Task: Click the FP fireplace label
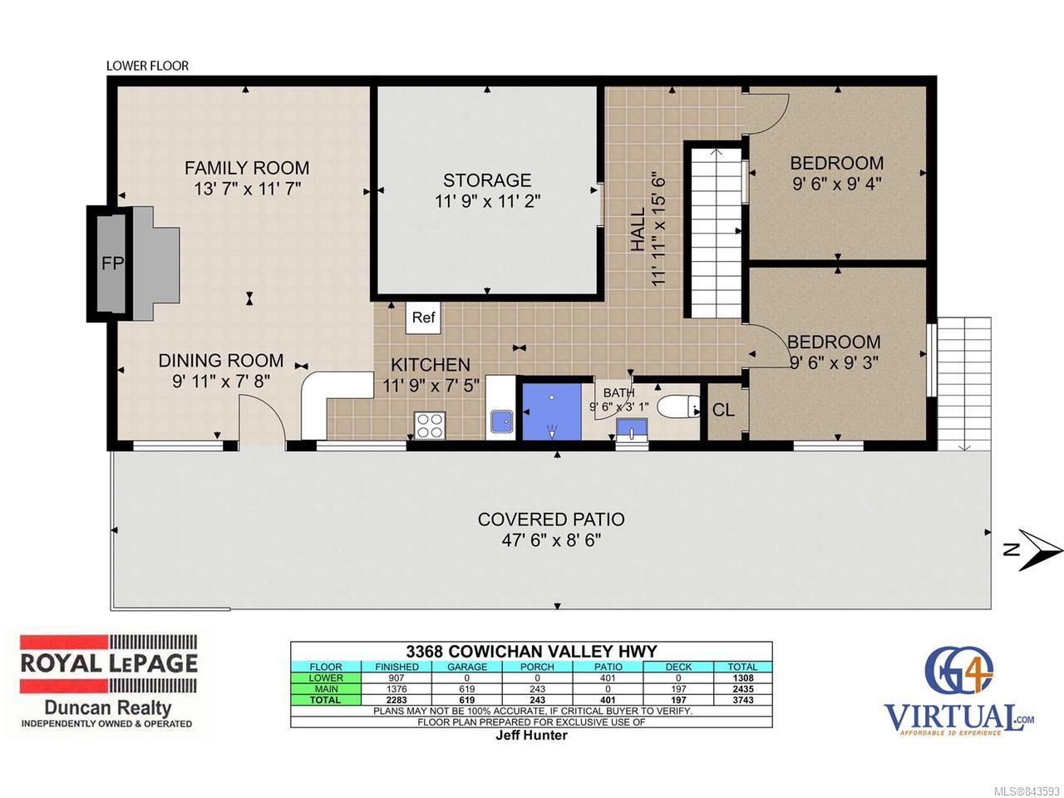click(112, 264)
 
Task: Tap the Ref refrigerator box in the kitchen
click(423, 318)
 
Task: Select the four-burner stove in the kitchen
click(430, 426)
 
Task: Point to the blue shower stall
click(552, 411)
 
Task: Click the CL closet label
click(723, 411)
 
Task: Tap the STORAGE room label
click(487, 180)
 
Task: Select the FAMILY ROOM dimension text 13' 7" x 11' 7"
click(247, 189)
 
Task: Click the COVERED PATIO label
click(551, 520)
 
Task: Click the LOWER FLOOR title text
click(147, 66)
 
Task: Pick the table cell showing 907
click(397, 677)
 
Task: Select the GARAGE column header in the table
click(467, 667)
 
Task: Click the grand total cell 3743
click(742, 700)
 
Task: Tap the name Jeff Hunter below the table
click(531, 735)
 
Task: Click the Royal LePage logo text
click(109, 664)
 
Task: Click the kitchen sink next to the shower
click(502, 421)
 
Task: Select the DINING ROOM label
click(221, 361)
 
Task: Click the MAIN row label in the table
click(326, 689)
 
